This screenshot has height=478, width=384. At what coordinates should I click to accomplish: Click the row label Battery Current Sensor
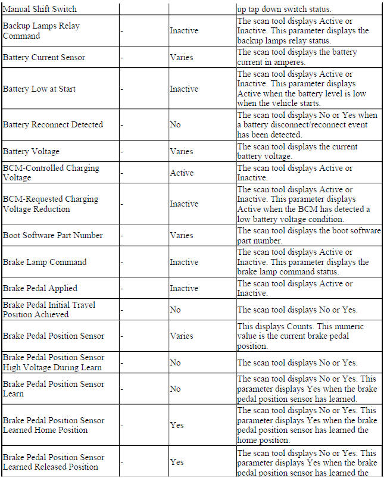pos(44,58)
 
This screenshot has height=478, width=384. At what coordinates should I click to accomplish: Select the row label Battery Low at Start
pos(39,89)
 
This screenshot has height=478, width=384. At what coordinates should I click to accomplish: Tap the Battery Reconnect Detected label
pos(52,124)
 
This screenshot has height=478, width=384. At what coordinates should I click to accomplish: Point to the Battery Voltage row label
pos(31,151)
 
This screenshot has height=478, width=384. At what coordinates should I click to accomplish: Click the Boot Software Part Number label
pos(52,235)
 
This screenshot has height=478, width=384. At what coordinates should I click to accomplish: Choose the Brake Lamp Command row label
pos(45,262)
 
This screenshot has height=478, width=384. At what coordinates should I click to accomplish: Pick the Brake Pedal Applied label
pos(40,288)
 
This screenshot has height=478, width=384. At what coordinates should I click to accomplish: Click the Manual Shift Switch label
pos(39,10)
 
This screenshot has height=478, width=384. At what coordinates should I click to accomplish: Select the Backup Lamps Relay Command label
pos(41,31)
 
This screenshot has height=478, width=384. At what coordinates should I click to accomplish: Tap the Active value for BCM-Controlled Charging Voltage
pos(182,173)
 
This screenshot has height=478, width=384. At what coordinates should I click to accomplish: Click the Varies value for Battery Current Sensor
pos(182,58)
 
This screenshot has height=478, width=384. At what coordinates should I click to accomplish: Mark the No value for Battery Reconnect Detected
pos(175,124)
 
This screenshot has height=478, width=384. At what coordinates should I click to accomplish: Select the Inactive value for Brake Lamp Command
pos(184,262)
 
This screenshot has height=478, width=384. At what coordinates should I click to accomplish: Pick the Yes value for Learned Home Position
pos(177,425)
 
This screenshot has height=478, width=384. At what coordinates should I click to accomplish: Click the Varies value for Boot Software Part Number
pos(182,235)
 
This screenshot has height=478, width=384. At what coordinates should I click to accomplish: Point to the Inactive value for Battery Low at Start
pos(184,89)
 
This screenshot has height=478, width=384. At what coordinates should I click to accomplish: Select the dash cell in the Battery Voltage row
pos(122,151)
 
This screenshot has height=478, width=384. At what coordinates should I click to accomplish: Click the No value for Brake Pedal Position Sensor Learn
pos(175,389)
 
